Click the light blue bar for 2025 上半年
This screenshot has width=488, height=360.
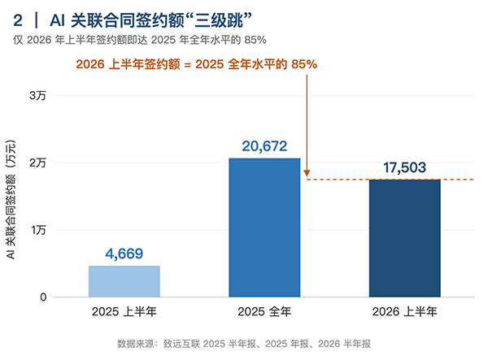(124, 281)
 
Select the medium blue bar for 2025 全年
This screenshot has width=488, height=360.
(264, 228)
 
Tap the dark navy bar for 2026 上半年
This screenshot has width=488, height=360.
(404, 238)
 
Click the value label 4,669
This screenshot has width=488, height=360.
(124, 254)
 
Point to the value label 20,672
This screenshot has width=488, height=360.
(264, 146)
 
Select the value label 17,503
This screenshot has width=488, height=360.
(404, 167)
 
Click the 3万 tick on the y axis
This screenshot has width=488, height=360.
(37, 95)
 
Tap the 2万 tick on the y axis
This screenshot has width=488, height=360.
(37, 163)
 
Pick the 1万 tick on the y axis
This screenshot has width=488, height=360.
(38, 230)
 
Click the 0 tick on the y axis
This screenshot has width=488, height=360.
(43, 297)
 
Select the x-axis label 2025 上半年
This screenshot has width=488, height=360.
(124, 311)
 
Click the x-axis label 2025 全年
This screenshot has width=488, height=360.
(264, 311)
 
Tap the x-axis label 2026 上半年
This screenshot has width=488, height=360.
(404, 311)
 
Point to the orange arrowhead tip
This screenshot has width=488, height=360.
(307, 177)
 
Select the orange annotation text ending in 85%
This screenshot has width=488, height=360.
(196, 64)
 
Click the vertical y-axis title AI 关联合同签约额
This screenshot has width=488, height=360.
(11, 200)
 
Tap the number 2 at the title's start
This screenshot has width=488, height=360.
(18, 21)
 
